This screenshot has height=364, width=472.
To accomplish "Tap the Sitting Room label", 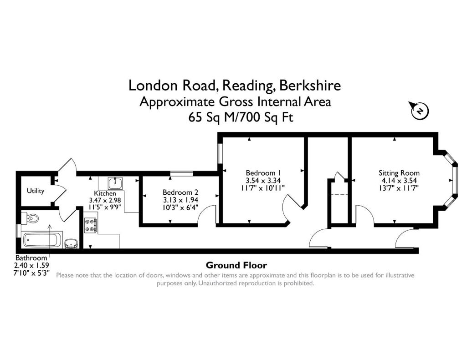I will click(x=399, y=173).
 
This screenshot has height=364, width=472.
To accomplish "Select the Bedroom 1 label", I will click(x=263, y=173).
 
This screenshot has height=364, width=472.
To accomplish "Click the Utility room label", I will click(x=36, y=191).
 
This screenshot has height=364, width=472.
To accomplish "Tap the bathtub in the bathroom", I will click(x=42, y=239).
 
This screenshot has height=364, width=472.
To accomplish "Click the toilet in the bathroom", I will click(x=31, y=219).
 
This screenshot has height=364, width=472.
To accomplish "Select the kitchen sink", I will click(x=114, y=183).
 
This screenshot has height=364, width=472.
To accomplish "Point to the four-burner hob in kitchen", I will click(x=90, y=226).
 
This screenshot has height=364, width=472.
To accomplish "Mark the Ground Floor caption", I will click(x=236, y=265).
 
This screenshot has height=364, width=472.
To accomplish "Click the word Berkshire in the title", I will click(x=310, y=86).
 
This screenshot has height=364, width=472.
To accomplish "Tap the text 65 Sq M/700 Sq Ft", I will click(x=235, y=117).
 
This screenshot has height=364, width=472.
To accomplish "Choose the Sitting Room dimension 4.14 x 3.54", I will click(x=399, y=180).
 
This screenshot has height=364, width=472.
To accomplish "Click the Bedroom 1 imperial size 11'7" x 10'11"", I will click(x=263, y=187).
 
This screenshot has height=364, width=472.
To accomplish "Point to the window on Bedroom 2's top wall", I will click(x=181, y=173).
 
